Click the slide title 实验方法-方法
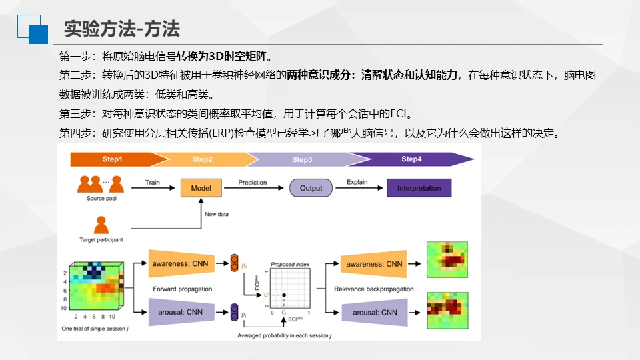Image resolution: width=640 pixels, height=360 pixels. click(122, 29)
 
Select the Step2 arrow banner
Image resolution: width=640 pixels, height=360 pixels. click(202, 159)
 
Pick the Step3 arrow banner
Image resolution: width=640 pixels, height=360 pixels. click(301, 159)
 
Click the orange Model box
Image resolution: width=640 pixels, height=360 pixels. click(201, 188)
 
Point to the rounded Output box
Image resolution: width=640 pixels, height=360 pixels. click(311, 188)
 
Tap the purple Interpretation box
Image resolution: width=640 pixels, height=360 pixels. click(419, 188)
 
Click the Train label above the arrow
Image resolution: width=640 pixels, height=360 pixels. click(153, 182)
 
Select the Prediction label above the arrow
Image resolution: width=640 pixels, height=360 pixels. click(252, 182)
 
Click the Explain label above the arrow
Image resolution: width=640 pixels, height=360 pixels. click(357, 182)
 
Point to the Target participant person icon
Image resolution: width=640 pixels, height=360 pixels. click(101, 225)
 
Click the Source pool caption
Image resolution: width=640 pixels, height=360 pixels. click(101, 199)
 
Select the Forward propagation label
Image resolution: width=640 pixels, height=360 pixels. click(183, 289)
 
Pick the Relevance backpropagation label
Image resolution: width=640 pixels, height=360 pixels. click(374, 289)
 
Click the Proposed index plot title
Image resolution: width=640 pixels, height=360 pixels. click(290, 265)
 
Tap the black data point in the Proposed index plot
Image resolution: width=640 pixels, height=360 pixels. click(285, 295)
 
